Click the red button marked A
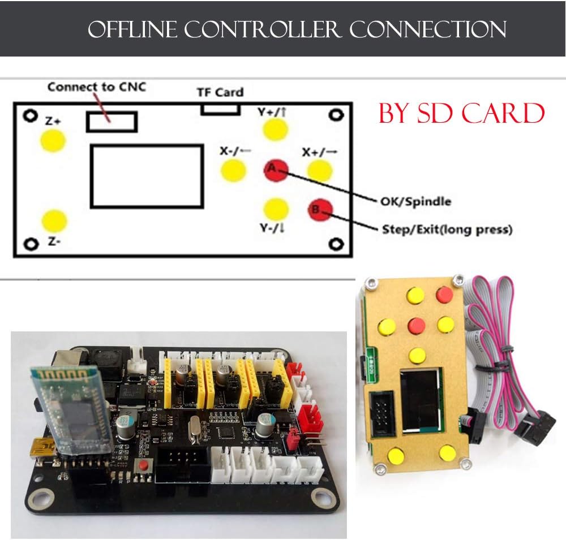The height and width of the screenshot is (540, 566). tap(276, 169)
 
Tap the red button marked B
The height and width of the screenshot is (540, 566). tap(319, 210)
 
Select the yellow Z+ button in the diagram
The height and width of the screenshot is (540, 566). tap(53, 140)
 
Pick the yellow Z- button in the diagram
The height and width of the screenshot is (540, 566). tap(54, 221)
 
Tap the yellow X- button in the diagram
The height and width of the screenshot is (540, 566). tap(233, 170)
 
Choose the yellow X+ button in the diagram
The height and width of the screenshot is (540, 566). tap(319, 170)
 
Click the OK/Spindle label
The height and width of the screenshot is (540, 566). tap(415, 201)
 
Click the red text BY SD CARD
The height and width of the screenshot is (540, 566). tap(461, 114)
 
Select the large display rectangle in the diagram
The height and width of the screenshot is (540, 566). tap(147, 176)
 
